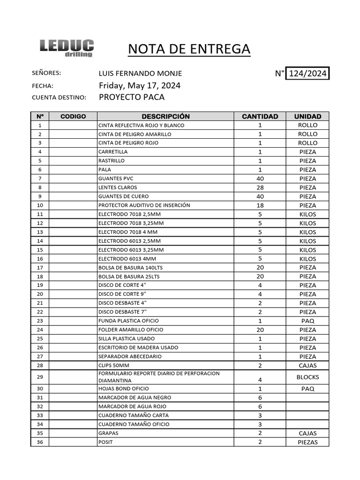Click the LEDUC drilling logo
click(x=67, y=48)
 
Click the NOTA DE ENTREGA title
click(x=189, y=49)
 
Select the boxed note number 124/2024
click(x=308, y=74)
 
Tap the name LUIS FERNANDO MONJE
click(x=140, y=74)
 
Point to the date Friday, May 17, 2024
click(x=140, y=85)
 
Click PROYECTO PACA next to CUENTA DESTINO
click(x=132, y=97)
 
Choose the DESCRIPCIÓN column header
click(x=165, y=116)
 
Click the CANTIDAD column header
click(x=260, y=116)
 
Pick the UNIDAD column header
click(x=307, y=116)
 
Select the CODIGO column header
click(x=73, y=116)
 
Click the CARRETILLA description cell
click(x=113, y=152)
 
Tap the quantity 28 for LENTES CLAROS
click(x=260, y=187)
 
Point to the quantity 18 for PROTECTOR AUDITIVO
click(x=260, y=205)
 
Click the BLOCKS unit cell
click(x=307, y=377)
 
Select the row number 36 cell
click(x=40, y=442)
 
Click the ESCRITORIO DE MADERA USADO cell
click(x=138, y=347)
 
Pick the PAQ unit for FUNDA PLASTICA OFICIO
click(x=307, y=321)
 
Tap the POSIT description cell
click(x=105, y=442)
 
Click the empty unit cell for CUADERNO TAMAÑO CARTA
click(x=307, y=415)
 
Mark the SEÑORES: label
click(x=46, y=74)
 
